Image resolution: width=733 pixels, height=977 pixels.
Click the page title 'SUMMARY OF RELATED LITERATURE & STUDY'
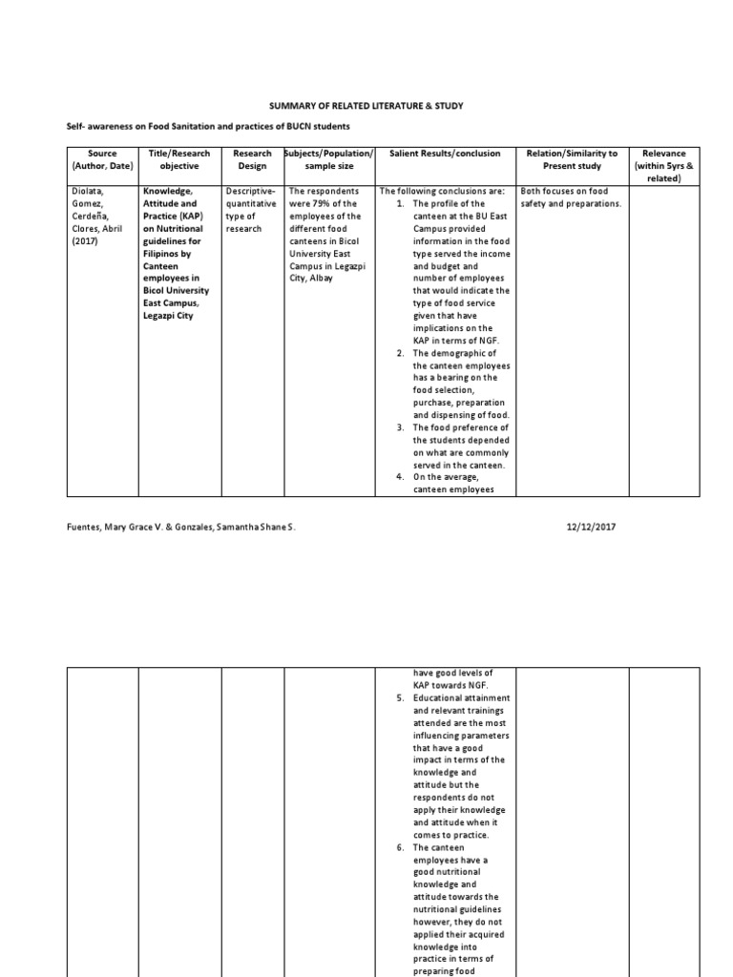click(x=367, y=108)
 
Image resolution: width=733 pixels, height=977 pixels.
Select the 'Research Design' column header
click(x=252, y=159)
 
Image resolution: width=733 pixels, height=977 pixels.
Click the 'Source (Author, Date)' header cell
click(x=102, y=159)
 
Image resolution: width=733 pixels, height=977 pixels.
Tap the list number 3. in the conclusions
click(x=401, y=427)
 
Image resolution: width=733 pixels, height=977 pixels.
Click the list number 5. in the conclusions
click(x=401, y=698)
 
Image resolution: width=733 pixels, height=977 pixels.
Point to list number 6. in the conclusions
click(x=401, y=847)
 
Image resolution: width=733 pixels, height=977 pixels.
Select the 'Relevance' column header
click(x=664, y=153)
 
